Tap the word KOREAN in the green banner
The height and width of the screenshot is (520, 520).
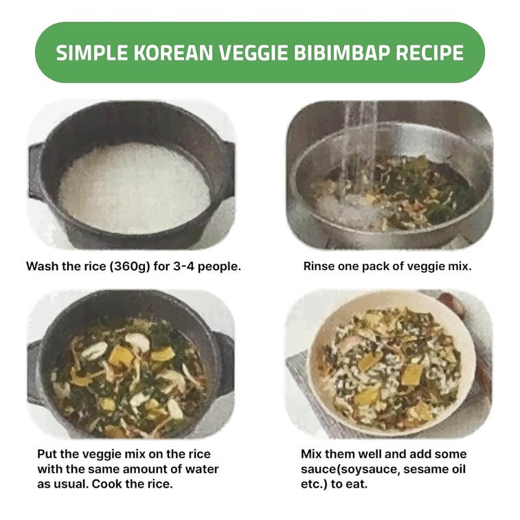[162, 53]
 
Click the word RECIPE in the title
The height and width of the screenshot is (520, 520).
[431, 53]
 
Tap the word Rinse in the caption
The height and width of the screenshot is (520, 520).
[319, 266]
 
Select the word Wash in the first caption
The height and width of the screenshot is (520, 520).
[41, 266]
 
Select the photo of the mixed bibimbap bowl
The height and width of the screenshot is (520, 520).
[389, 363]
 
